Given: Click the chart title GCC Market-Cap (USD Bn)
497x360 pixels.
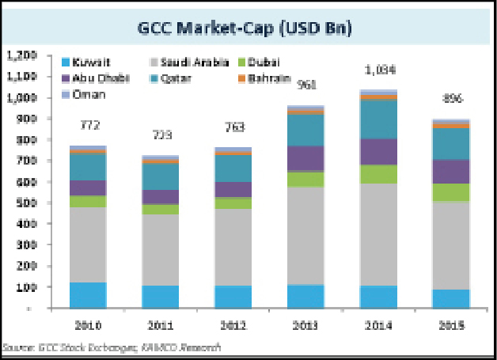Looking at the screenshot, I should [x=248, y=30].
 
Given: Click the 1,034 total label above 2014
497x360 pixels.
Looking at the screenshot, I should [x=378, y=70].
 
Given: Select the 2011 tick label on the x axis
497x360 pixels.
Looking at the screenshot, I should [x=161, y=325].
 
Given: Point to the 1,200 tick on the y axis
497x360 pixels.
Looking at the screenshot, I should [x=23, y=55].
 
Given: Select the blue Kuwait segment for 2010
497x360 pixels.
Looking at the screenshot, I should [x=89, y=294].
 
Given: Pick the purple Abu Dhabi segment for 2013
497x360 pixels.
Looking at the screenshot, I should [x=305, y=157].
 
